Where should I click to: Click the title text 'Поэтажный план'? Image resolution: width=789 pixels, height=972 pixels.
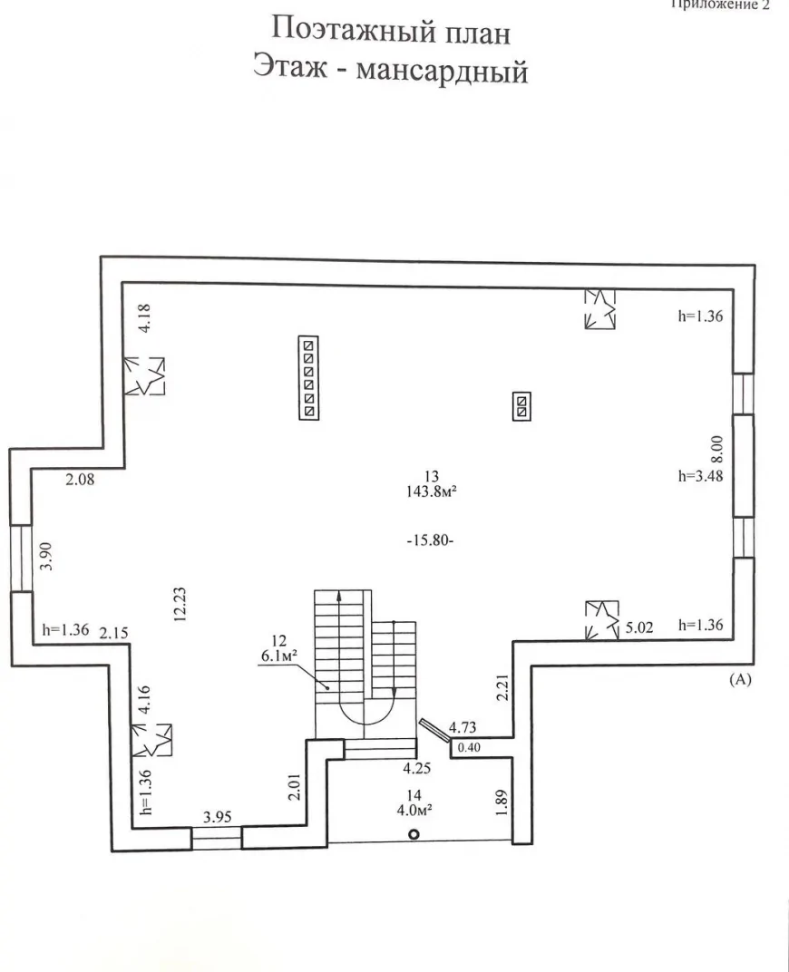point(391,31)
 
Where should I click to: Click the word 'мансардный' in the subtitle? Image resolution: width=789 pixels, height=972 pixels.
point(442,71)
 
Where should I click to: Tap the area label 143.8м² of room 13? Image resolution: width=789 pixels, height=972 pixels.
point(432,491)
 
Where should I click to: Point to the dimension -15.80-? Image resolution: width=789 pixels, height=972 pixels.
point(431,540)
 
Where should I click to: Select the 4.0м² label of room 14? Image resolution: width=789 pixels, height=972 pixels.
point(414,810)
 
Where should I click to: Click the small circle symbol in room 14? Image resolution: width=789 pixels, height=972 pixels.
point(414,834)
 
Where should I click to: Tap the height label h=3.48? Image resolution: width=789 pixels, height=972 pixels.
point(700,476)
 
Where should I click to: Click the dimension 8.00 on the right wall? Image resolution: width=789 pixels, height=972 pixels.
point(716,450)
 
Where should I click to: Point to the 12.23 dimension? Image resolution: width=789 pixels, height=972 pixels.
point(180,605)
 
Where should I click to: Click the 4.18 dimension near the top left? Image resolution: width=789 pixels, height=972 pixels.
point(145,318)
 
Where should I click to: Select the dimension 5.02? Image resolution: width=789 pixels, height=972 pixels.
point(639,627)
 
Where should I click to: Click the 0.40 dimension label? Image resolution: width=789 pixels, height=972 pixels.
point(469,748)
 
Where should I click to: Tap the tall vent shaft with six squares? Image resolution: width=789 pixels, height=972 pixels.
point(308,378)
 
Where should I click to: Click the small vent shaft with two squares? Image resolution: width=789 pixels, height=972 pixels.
point(521,406)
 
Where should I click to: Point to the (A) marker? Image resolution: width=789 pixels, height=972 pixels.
point(740,679)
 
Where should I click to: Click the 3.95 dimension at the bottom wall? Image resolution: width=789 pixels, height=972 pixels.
point(218,817)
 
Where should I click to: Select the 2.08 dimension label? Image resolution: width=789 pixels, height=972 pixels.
point(81,479)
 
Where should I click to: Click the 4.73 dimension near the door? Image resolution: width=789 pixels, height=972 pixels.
point(463,727)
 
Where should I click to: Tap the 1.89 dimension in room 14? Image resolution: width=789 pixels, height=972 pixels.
point(502,802)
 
